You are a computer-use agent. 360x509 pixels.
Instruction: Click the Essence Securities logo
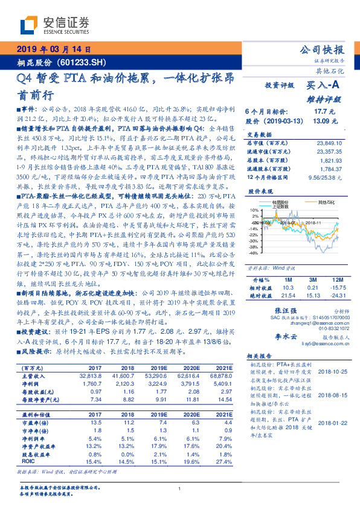tap(55, 25)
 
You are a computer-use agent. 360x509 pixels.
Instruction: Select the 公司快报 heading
tap(322, 50)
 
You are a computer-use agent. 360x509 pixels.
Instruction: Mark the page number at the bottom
tap(179, 489)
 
